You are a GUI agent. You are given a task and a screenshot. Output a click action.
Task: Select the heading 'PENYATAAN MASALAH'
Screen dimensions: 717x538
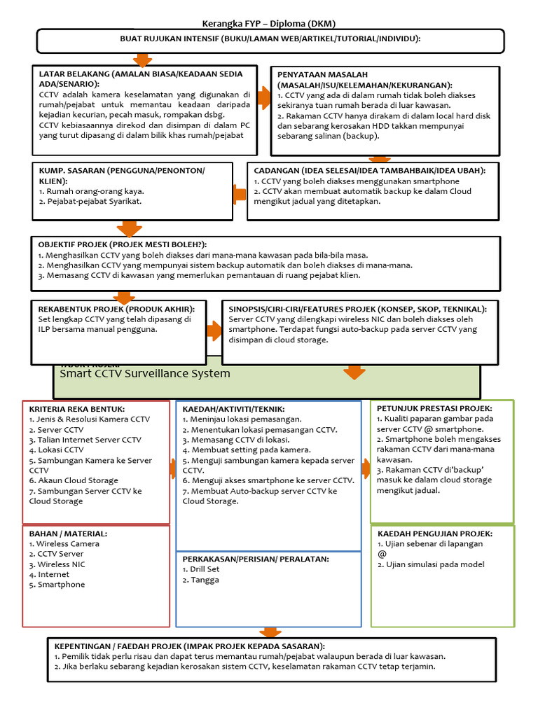click(x=323, y=74)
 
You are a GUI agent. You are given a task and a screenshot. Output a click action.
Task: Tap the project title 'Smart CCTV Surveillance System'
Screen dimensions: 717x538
click(x=145, y=373)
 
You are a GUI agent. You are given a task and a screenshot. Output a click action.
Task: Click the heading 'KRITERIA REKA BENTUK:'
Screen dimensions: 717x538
click(x=77, y=409)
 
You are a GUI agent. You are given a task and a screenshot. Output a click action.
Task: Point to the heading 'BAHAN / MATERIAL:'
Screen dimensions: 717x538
click(x=68, y=534)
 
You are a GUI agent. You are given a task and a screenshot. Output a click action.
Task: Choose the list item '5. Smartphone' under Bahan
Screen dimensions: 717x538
click(x=57, y=584)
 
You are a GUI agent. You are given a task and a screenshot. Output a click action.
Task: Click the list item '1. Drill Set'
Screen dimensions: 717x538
click(x=201, y=569)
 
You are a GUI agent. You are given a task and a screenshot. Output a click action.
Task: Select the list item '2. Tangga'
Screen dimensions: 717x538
click(x=199, y=580)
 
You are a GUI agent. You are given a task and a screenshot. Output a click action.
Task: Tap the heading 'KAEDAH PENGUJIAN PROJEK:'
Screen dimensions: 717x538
click(x=434, y=534)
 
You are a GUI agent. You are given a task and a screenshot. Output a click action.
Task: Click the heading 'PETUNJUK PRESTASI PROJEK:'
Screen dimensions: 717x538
click(x=434, y=408)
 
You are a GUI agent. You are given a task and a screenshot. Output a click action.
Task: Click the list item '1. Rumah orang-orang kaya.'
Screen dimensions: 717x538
click(x=92, y=191)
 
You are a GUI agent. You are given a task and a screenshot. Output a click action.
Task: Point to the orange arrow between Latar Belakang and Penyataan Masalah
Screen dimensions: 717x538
click(x=264, y=99)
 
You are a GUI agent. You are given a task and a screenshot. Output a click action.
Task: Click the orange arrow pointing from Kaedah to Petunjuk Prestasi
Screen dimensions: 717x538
click(x=366, y=468)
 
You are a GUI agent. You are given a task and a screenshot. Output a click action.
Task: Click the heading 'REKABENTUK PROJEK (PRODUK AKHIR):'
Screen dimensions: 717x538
click(x=112, y=309)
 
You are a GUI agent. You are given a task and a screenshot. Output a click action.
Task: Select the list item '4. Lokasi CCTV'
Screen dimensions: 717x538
click(x=56, y=450)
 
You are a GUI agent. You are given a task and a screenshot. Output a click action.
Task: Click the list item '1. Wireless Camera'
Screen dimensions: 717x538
click(x=64, y=543)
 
